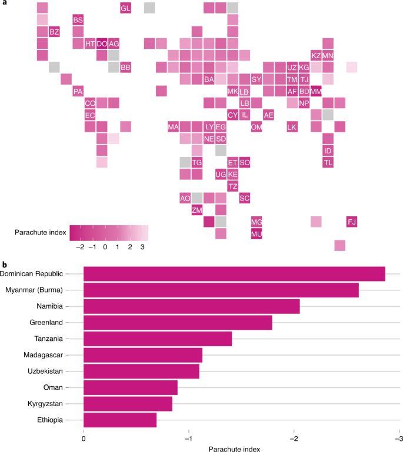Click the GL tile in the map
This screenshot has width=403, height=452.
click(x=125, y=8)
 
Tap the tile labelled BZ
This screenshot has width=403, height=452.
click(x=54, y=32)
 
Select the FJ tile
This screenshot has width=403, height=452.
click(x=352, y=222)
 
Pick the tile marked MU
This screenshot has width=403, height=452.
click(x=257, y=234)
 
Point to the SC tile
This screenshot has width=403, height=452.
click(x=245, y=198)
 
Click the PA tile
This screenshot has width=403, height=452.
click(x=78, y=91)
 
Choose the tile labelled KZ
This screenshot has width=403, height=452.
click(x=316, y=55)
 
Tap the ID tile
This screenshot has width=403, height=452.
click(x=328, y=150)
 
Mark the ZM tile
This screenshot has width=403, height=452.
click(x=197, y=210)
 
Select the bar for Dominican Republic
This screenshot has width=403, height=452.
click(x=234, y=274)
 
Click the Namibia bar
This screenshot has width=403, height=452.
click(x=192, y=306)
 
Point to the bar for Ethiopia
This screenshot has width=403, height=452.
click(x=120, y=420)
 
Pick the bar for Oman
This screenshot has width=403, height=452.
click(x=131, y=387)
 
